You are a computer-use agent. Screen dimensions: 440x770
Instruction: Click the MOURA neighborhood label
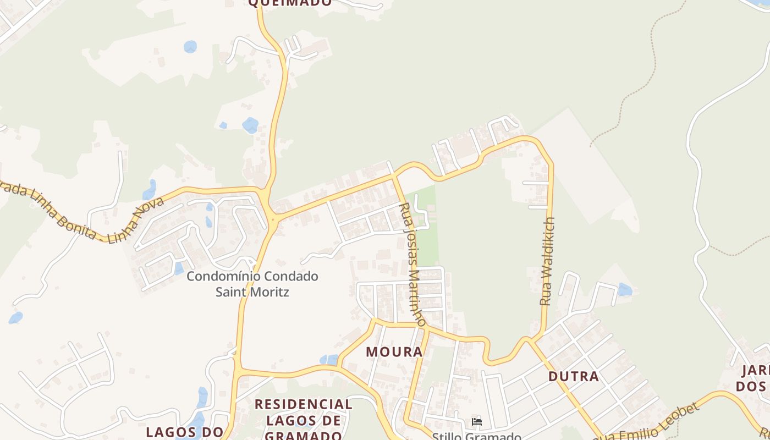[394, 351]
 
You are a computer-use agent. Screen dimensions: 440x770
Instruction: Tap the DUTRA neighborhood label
[574, 376]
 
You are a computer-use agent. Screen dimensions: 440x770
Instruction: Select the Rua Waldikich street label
[548, 262]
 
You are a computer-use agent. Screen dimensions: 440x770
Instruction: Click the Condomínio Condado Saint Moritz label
[252, 283]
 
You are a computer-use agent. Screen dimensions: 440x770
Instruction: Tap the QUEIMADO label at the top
[290, 3]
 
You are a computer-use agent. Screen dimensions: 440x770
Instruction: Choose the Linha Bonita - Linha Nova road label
[82, 215]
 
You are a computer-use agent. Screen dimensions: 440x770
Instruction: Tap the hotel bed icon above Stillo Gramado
[477, 422]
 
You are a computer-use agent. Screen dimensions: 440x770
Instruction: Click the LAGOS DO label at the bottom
[184, 432]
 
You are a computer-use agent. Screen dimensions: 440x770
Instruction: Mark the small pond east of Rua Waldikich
[625, 289]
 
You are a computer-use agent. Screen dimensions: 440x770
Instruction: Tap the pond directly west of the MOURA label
[329, 360]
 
